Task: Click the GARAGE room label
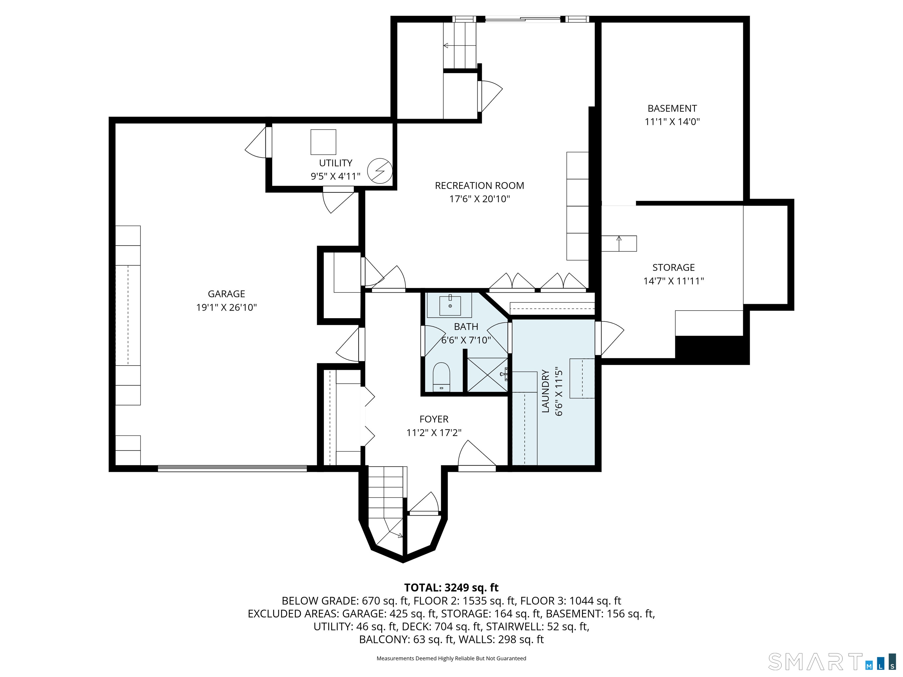[227, 294]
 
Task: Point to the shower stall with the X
[487, 375]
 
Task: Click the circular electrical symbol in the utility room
[380, 171]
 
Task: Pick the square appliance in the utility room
[323, 142]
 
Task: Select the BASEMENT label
[672, 108]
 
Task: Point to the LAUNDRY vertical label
[545, 391]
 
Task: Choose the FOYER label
[434, 419]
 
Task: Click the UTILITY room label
[336, 163]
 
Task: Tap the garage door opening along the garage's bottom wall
[232, 468]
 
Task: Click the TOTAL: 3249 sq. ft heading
[451, 588]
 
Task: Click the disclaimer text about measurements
[451, 658]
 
